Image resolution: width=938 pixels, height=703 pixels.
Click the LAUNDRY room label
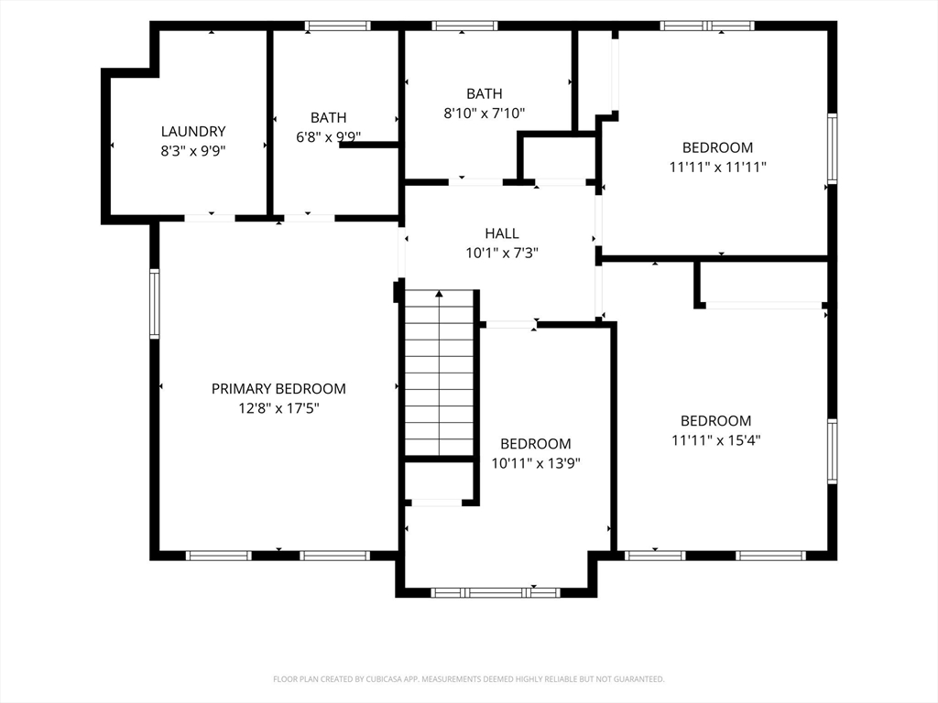193,131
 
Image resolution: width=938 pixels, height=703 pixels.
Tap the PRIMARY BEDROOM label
278,388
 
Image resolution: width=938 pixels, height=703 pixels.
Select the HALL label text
502,233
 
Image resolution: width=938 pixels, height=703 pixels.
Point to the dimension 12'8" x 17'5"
278,408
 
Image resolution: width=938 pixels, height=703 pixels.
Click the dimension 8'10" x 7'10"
485,113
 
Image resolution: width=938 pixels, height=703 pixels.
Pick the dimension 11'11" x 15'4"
716,440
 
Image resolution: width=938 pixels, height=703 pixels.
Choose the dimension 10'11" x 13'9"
536,463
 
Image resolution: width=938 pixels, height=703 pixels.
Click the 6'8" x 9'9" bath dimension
329,137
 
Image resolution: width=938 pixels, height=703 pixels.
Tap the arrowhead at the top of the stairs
439,294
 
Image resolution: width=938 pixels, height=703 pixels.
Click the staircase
440,373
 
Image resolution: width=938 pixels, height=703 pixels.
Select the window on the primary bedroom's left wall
154,304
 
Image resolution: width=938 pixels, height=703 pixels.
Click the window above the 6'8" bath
337,26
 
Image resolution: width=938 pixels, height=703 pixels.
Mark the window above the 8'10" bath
464,26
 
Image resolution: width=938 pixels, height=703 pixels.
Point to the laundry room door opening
210,218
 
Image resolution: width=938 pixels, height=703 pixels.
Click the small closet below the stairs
440,481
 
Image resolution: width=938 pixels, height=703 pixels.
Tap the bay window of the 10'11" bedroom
496,593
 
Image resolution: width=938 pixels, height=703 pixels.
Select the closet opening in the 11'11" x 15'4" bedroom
764,306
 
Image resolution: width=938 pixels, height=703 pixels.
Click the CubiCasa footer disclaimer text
469,679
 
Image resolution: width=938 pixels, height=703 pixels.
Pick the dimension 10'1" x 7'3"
502,253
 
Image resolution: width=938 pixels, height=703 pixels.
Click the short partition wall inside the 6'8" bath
369,145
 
